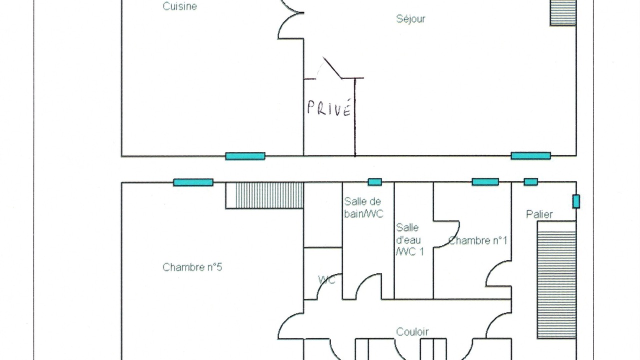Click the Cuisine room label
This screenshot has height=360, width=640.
tap(179, 6)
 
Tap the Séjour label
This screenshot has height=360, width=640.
tap(410, 19)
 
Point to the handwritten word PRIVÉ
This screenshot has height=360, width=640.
tap(329, 107)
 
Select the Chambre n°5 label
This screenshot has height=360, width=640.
tap(192, 267)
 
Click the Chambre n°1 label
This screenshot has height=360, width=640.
tap(477, 240)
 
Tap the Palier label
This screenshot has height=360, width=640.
tap(539, 214)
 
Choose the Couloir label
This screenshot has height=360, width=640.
tap(412, 331)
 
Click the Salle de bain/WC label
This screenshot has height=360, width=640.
tap(363, 207)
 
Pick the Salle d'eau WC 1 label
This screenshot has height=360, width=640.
tap(409, 239)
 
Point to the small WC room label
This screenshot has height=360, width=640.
tap(326, 280)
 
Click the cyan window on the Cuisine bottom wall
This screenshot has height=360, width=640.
tap(245, 156)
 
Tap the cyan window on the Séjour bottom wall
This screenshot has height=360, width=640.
tap(530, 155)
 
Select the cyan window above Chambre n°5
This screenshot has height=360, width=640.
tap(193, 182)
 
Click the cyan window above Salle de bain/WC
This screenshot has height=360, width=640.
tap(374, 182)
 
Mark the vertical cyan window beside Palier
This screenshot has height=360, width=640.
tap(576, 201)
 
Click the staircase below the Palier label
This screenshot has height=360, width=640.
tap(556, 279)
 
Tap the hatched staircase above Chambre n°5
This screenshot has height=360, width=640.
tap(264, 195)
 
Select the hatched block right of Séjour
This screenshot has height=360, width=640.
tap(563, 12)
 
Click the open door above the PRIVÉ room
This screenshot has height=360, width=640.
tap(332, 67)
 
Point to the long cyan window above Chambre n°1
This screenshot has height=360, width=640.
tap(485, 181)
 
